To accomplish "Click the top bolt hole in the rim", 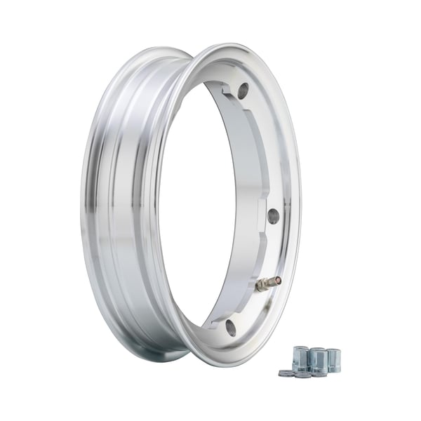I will (243, 91).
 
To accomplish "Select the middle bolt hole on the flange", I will (273, 216).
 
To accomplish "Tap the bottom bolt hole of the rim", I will (231, 328).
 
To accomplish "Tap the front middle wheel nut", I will (317, 361).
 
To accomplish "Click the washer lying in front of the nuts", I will (303, 375).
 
